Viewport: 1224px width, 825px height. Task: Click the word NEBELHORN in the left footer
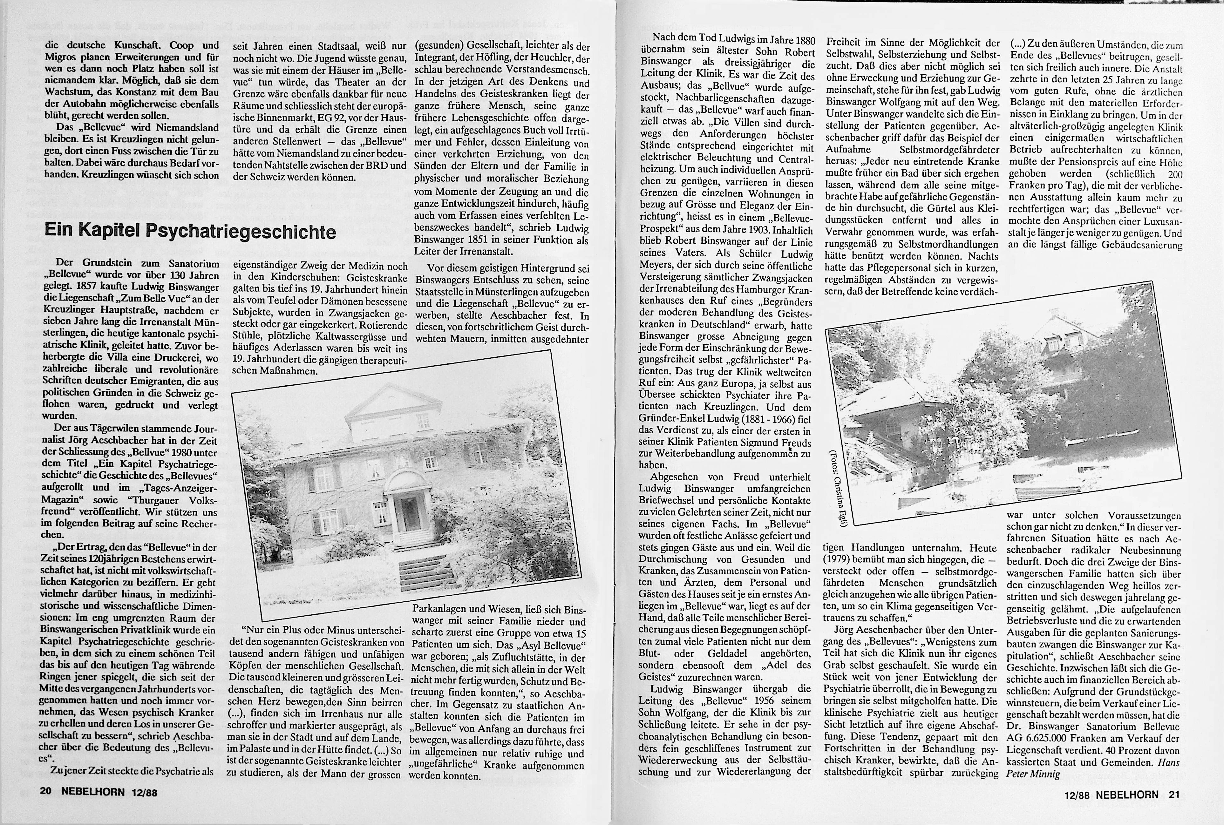(92, 792)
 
